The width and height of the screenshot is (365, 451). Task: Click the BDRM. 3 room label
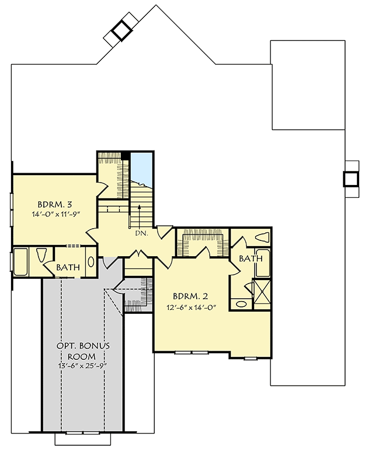(55, 205)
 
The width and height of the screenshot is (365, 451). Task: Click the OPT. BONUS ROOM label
(83, 351)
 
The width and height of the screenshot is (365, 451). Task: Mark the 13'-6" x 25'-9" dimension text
(83, 366)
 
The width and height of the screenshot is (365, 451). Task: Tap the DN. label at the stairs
(141, 233)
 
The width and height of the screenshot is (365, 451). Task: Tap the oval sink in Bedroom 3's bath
(91, 262)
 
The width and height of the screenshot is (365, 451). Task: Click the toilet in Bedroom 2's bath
(261, 237)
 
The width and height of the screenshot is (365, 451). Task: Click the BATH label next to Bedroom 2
(250, 258)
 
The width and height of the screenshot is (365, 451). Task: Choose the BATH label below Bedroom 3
(68, 267)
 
